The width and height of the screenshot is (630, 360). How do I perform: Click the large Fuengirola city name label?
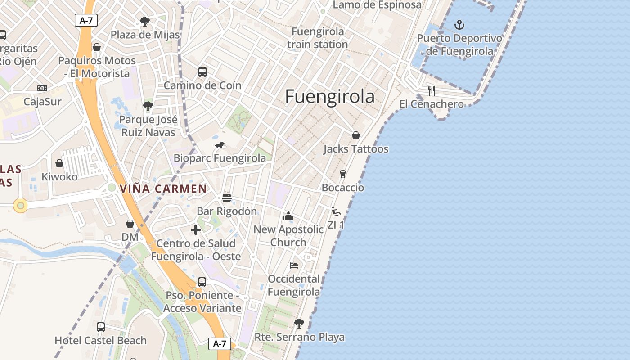point(330,97)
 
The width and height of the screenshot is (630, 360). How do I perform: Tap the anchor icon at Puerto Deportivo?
point(459,25)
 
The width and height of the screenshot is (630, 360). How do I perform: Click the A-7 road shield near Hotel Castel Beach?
point(220,344)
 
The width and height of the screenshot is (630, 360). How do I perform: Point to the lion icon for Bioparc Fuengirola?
point(220,145)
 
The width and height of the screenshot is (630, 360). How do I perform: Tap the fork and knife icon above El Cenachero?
point(431,91)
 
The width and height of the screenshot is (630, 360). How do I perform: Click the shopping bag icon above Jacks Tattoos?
point(355,135)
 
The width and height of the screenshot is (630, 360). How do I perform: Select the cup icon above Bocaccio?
point(342,174)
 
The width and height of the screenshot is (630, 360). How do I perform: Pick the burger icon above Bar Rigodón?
point(227,198)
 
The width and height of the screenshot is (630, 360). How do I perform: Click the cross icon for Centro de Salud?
point(196,230)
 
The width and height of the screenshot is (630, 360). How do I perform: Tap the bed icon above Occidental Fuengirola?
point(294,265)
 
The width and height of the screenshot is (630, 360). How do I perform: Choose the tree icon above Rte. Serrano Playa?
point(299,323)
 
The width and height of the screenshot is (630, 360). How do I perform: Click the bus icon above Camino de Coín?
point(202,72)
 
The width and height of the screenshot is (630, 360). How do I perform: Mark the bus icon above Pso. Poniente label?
point(202,282)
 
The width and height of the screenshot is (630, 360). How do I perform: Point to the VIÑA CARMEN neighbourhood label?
point(163,189)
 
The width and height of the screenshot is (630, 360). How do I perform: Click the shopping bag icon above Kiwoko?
point(59,163)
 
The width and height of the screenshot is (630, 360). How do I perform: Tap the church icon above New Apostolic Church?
point(288,216)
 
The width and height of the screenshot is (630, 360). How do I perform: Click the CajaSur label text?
point(42,102)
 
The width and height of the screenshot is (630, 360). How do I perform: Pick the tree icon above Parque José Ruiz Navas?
point(148,107)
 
